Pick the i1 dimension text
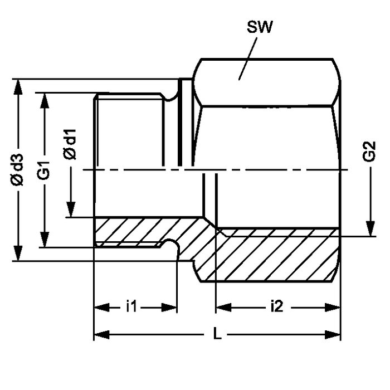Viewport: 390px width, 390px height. coord(131,306)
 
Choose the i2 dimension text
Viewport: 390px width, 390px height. coord(277,306)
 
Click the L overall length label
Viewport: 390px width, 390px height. coord(218,334)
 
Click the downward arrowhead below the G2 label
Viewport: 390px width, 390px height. coord(369,228)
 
